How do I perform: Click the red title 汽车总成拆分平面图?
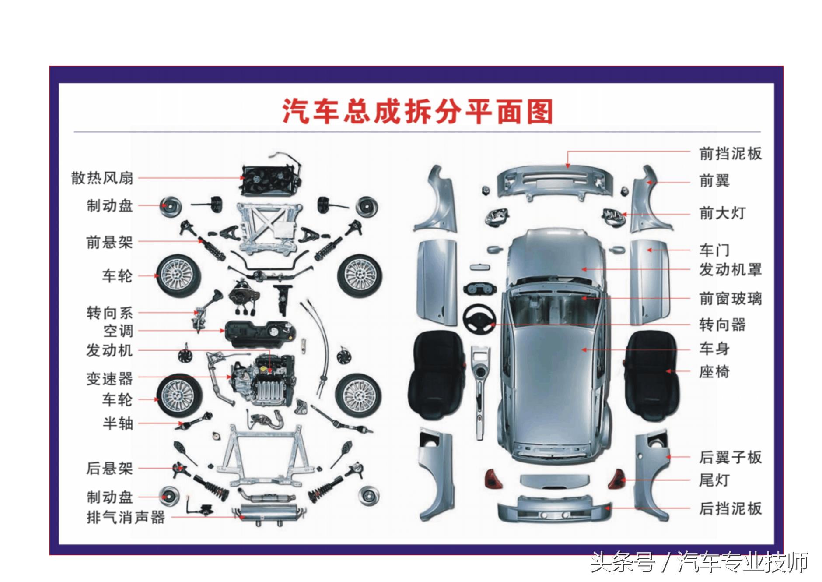click(417, 111)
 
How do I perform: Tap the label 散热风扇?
click(102, 178)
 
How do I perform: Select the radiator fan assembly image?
click(270, 180)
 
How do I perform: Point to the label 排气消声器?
click(126, 517)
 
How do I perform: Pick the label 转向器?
click(722, 325)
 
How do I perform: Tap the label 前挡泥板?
click(730, 154)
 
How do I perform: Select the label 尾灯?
click(714, 480)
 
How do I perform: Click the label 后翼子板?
click(730, 457)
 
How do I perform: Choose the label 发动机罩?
click(730, 269)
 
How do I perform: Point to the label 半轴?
click(118, 423)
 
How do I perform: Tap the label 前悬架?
click(109, 242)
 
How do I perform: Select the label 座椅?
click(714, 372)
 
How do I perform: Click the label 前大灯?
click(722, 213)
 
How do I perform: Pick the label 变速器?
click(109, 379)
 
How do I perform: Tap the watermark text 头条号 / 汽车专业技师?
click(699, 562)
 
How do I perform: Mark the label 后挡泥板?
click(730, 508)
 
